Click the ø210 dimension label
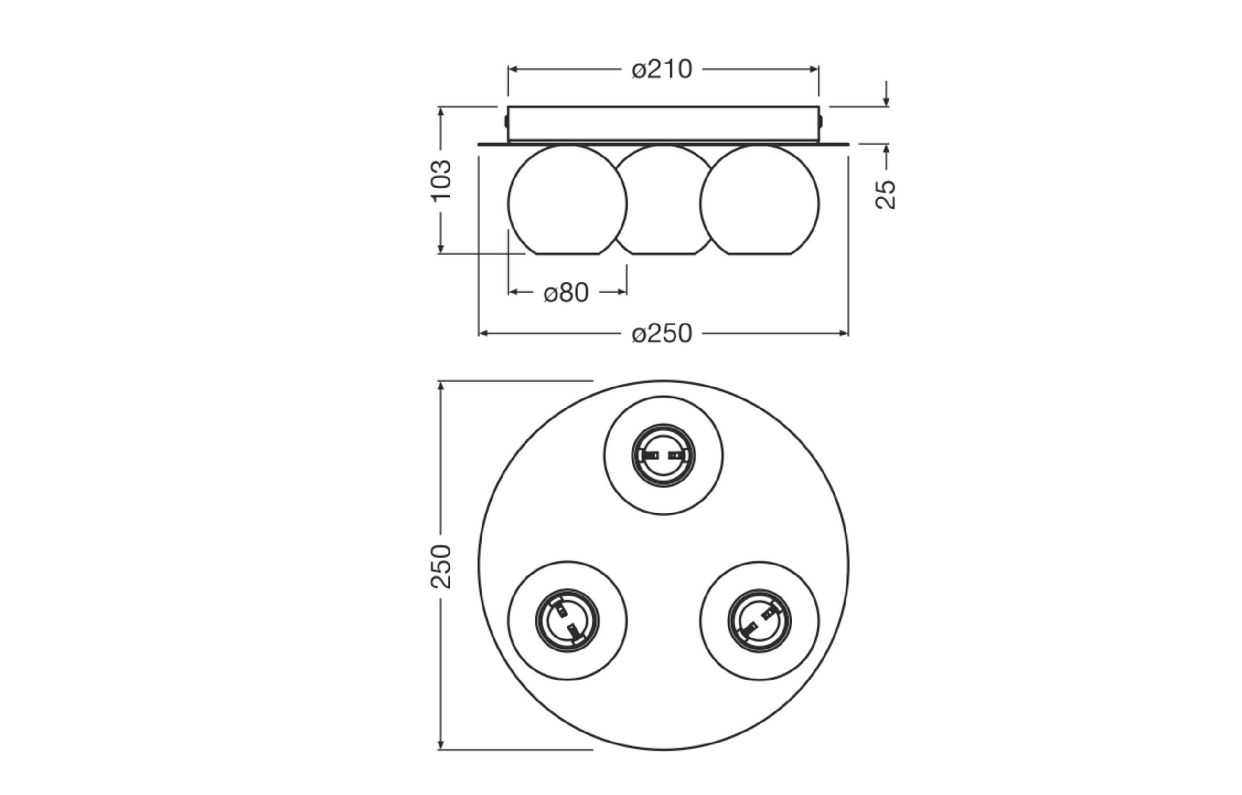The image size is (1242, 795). point(662,69)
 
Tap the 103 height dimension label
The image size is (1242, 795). point(442,181)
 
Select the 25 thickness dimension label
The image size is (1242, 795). point(886,194)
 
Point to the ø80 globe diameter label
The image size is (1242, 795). point(566,293)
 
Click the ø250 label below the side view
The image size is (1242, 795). point(662,334)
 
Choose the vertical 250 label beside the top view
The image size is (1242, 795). point(441,566)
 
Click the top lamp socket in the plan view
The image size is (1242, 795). point(663,455)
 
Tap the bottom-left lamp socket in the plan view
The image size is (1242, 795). point(567,620)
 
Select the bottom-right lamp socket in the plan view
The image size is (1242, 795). point(759,620)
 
